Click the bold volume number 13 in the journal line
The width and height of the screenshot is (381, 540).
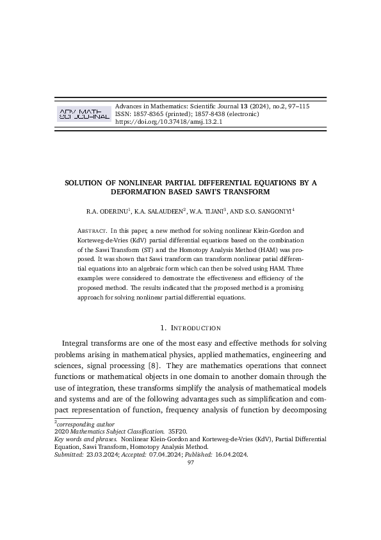[243, 106]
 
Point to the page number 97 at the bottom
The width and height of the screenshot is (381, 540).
[190, 463]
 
